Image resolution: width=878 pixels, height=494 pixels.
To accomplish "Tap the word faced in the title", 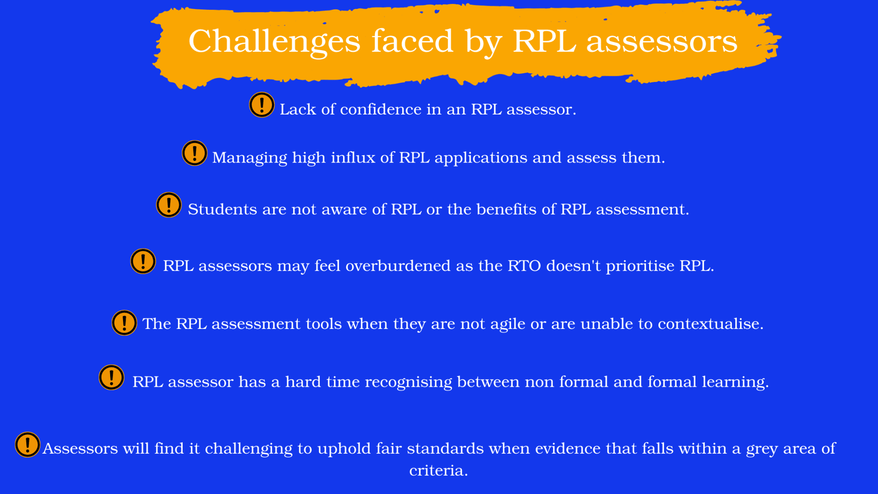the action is pos(412,41).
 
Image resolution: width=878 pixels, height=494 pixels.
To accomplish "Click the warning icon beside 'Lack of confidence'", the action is pos(262,105).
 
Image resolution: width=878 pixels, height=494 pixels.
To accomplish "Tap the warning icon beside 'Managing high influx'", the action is pos(195,153).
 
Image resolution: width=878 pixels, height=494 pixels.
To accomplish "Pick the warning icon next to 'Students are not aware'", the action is pos(169,205).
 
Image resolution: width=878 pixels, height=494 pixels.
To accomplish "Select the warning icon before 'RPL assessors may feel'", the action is pos(143,261).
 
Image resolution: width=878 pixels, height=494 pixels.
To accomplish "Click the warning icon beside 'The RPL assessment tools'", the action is pos(124,322).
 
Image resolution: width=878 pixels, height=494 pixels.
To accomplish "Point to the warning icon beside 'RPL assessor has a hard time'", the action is pos(111,377).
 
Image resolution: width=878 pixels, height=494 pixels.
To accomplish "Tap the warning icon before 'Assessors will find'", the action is pos(27,445).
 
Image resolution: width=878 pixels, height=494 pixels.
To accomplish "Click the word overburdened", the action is pos(398,266).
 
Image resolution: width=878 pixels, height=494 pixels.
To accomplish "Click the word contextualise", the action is pos(710,324).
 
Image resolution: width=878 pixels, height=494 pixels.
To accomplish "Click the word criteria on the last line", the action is pos(439,470).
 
